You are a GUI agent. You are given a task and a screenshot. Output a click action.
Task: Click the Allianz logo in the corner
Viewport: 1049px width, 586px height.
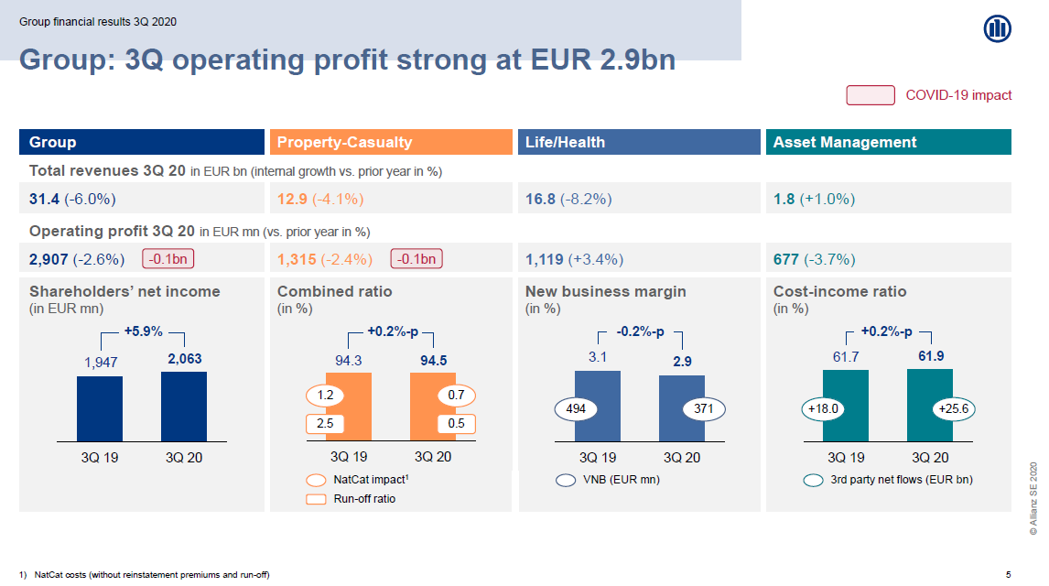coord(997,28)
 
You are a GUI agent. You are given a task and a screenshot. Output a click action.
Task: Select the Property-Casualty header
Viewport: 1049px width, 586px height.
coord(391,142)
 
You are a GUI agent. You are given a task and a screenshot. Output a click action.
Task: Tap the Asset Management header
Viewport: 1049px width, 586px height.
coord(889,142)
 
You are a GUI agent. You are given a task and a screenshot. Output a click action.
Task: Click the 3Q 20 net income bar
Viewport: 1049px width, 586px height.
coord(184,407)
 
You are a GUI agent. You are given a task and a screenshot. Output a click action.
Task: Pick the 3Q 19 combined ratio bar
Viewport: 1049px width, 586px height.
coord(349,407)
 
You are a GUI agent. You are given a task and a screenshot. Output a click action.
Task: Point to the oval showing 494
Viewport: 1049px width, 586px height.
coord(576,408)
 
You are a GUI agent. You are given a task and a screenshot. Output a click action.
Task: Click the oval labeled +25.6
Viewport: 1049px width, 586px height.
coord(953,408)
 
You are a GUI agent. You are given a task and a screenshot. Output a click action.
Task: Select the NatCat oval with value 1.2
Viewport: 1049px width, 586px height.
coord(325,396)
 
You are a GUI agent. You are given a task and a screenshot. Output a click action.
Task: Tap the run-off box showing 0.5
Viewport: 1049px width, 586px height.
coord(456,423)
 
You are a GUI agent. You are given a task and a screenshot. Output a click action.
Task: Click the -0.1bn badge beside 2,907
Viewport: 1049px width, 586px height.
coord(168,259)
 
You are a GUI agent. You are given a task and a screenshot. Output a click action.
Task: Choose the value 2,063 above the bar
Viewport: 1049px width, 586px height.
coord(185,359)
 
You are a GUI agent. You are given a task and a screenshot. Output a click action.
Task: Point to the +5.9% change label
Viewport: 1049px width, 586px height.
coord(143,331)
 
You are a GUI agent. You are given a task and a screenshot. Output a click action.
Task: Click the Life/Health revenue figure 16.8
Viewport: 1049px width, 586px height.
coord(541,199)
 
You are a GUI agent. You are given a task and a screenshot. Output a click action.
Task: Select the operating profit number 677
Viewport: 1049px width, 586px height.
coord(786,259)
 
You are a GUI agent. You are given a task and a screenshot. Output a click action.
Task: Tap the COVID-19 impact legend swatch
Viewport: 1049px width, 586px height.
coord(871,95)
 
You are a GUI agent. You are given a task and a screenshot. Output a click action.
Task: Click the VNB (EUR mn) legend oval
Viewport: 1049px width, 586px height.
coord(566,481)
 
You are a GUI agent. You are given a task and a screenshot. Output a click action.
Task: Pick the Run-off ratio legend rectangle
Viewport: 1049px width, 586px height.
coord(316,499)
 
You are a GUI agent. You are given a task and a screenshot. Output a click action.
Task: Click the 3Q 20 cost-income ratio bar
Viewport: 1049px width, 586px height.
coord(930,406)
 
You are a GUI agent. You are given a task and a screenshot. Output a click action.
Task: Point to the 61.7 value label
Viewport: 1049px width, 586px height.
coord(846,357)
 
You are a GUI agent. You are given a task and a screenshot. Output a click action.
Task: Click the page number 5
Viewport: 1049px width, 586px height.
coord(1008,575)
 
